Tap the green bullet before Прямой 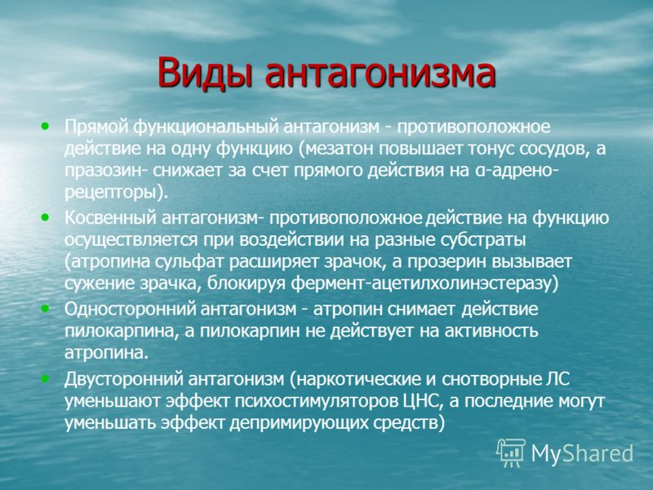pos(45,126)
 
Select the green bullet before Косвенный pos(45,216)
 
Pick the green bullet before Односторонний pos(45,309)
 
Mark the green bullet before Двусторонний pos(45,378)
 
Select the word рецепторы pos(111,194)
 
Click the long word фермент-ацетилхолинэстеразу pos(420,284)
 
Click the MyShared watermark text pos(582,453)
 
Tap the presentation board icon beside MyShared pos(510,453)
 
